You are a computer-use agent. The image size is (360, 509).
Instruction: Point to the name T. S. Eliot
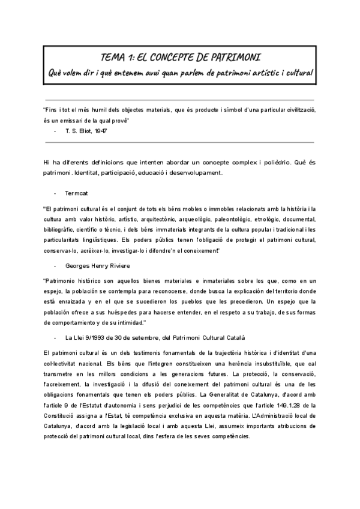point(77,130)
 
